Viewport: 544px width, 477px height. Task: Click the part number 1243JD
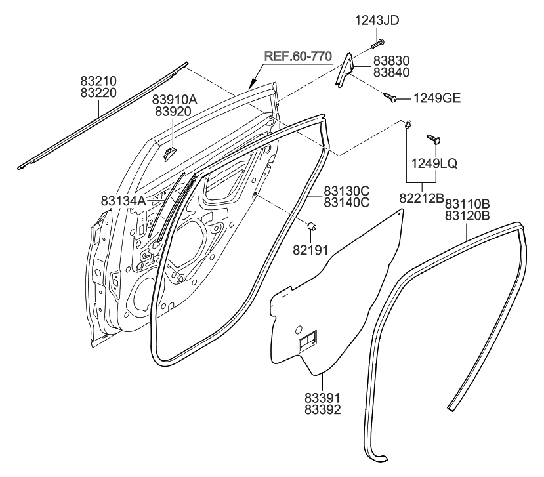(x=376, y=20)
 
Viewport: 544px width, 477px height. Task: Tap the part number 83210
(x=98, y=81)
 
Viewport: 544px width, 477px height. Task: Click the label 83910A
(x=175, y=100)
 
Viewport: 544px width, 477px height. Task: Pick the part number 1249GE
(x=436, y=99)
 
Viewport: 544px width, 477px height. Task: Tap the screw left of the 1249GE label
(x=392, y=98)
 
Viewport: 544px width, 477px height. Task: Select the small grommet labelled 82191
(x=313, y=226)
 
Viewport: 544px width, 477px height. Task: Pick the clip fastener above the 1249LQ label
(x=433, y=138)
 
